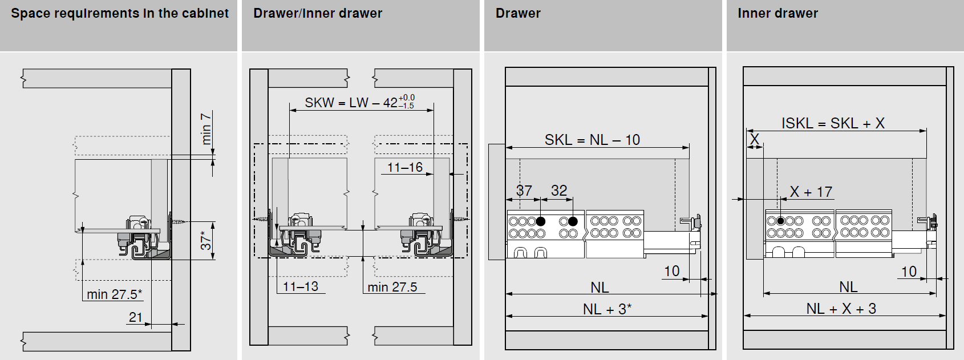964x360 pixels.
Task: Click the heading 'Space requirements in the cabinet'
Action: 120,14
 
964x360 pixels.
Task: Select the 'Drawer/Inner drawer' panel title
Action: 318,14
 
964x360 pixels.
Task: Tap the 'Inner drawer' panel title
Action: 777,14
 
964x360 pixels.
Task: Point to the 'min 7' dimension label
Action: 206,128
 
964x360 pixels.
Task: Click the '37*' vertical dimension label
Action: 206,240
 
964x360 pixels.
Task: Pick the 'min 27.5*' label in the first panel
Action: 114,294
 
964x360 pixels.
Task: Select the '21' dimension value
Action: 136,317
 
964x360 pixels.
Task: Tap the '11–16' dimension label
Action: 405,167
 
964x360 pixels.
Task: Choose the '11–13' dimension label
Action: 301,286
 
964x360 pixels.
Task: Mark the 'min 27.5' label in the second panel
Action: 392,287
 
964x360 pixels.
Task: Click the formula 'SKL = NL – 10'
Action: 592,140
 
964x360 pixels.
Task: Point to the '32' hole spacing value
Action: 559,191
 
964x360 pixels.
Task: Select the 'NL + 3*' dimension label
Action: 607,309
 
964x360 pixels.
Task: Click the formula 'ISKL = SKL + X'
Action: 833,123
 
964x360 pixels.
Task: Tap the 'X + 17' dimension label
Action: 811,192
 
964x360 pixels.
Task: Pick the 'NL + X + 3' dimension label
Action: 841,309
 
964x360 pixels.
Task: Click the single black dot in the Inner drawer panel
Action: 780,221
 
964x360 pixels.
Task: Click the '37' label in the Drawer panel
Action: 524,191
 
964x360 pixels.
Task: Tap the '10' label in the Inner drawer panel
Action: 909,272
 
